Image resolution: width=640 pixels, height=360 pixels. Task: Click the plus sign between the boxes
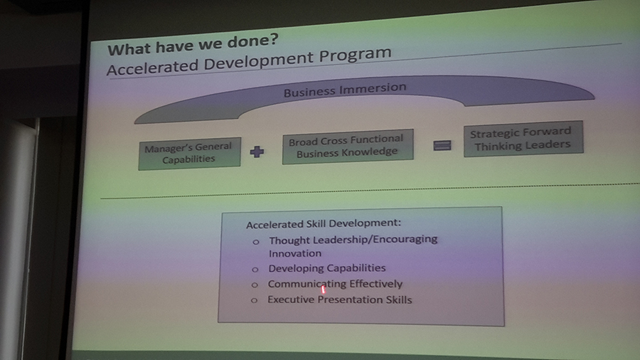257,152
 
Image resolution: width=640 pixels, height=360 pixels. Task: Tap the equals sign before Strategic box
442,145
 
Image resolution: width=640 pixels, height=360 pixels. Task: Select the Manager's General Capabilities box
189,154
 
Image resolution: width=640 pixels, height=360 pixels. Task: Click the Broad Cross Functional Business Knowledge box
348,147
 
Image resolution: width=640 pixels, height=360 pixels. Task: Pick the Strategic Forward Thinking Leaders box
523,139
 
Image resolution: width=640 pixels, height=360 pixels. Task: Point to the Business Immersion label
345,90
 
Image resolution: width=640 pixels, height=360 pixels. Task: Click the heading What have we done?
193,45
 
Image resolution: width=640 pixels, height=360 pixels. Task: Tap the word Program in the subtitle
355,55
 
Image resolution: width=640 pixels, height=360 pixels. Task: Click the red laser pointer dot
324,290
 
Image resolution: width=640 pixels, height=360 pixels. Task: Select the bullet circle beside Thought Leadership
256,242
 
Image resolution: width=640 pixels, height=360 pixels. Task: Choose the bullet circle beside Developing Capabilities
255,270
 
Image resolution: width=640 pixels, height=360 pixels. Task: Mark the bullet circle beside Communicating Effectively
255,285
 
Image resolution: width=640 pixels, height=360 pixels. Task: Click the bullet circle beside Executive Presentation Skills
254,300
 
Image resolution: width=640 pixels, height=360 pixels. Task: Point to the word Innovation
295,253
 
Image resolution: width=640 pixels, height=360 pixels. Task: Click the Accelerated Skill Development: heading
324,223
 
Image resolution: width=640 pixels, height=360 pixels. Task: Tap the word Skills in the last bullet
399,300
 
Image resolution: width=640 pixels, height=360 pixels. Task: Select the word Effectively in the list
376,284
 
